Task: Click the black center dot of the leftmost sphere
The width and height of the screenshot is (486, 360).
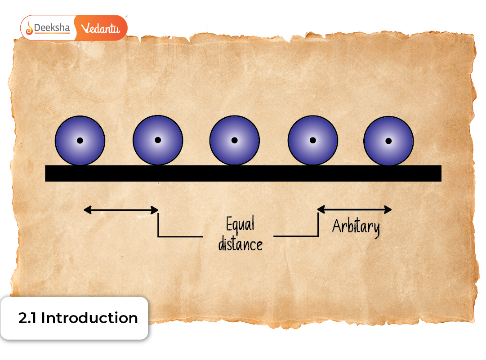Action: click(80, 141)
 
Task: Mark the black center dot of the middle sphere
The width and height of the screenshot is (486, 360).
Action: click(235, 141)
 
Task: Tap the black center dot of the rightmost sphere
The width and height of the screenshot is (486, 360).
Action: click(388, 141)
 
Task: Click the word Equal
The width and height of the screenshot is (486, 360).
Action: click(240, 224)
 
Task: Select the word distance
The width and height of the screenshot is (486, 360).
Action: click(240, 244)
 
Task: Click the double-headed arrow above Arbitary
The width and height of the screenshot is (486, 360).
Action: click(355, 209)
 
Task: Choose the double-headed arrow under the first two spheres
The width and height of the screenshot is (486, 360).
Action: click(121, 210)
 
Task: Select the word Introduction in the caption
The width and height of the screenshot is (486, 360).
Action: click(89, 318)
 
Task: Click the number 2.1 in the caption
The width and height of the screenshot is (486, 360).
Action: click(28, 318)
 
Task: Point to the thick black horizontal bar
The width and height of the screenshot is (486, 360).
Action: click(243, 173)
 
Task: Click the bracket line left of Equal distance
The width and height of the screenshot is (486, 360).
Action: click(179, 236)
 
